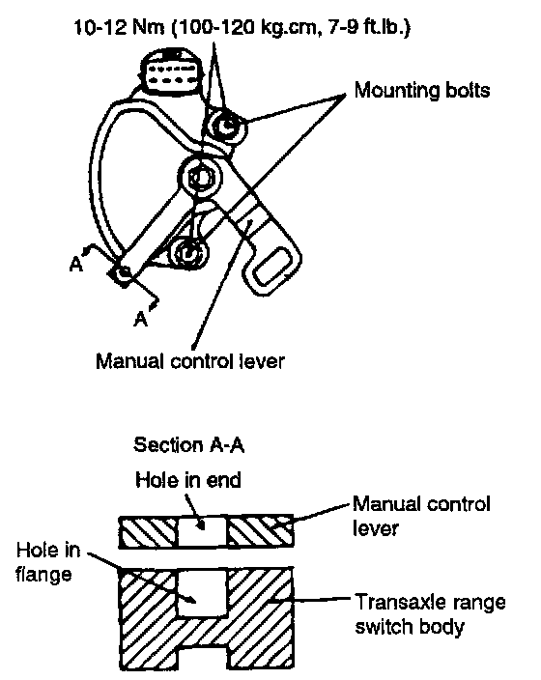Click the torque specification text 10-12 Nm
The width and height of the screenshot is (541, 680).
tap(119, 28)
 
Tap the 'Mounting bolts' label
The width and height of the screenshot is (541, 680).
tap(422, 91)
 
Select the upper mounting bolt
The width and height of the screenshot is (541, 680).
tap(227, 126)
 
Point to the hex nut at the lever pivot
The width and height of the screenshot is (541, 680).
tap(200, 178)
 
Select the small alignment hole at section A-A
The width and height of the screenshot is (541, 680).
tap(124, 272)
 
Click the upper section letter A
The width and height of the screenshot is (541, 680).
tap(76, 264)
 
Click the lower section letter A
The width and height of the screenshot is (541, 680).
tap(141, 319)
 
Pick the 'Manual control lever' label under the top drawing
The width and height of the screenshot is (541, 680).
tap(190, 361)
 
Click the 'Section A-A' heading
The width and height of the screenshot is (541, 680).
tap(188, 445)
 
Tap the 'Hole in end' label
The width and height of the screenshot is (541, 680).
tap(188, 480)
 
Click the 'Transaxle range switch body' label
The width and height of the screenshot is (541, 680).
tap(430, 614)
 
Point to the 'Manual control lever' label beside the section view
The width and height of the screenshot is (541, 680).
tap(421, 516)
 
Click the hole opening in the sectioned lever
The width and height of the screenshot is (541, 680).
tap(203, 531)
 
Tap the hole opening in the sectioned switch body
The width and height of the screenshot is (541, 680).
tap(203, 592)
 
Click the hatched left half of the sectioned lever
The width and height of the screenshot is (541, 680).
tap(149, 531)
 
